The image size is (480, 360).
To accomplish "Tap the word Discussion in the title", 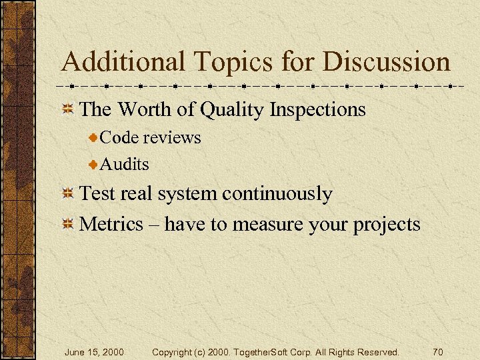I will pyautogui.click(x=387, y=63).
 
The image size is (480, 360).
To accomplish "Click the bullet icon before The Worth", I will pyautogui.click(x=67, y=109).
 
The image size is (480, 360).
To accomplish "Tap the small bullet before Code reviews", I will pyautogui.click(x=94, y=138).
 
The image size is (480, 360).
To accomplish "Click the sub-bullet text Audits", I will pyautogui.click(x=125, y=163).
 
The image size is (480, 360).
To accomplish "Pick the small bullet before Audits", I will pyautogui.click(x=94, y=164).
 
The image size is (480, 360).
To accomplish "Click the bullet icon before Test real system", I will pyautogui.click(x=67, y=195).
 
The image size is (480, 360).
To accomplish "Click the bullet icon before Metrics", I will pyautogui.click(x=67, y=225).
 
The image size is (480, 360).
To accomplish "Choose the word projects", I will pyautogui.click(x=387, y=225).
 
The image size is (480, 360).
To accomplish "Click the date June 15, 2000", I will pyautogui.click(x=94, y=351).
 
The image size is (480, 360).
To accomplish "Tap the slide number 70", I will pyautogui.click(x=437, y=351).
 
